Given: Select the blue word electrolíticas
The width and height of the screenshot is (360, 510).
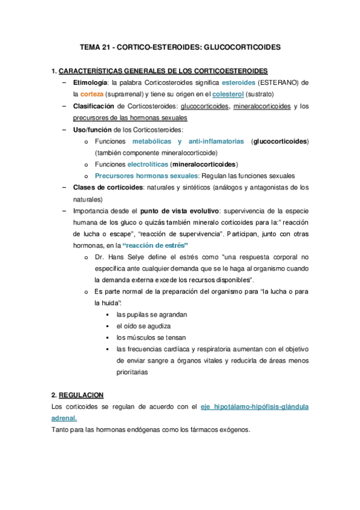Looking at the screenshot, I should pyautogui.click(x=148, y=164).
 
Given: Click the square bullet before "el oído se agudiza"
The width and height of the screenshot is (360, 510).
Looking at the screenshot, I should pyautogui.click(x=106, y=326).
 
